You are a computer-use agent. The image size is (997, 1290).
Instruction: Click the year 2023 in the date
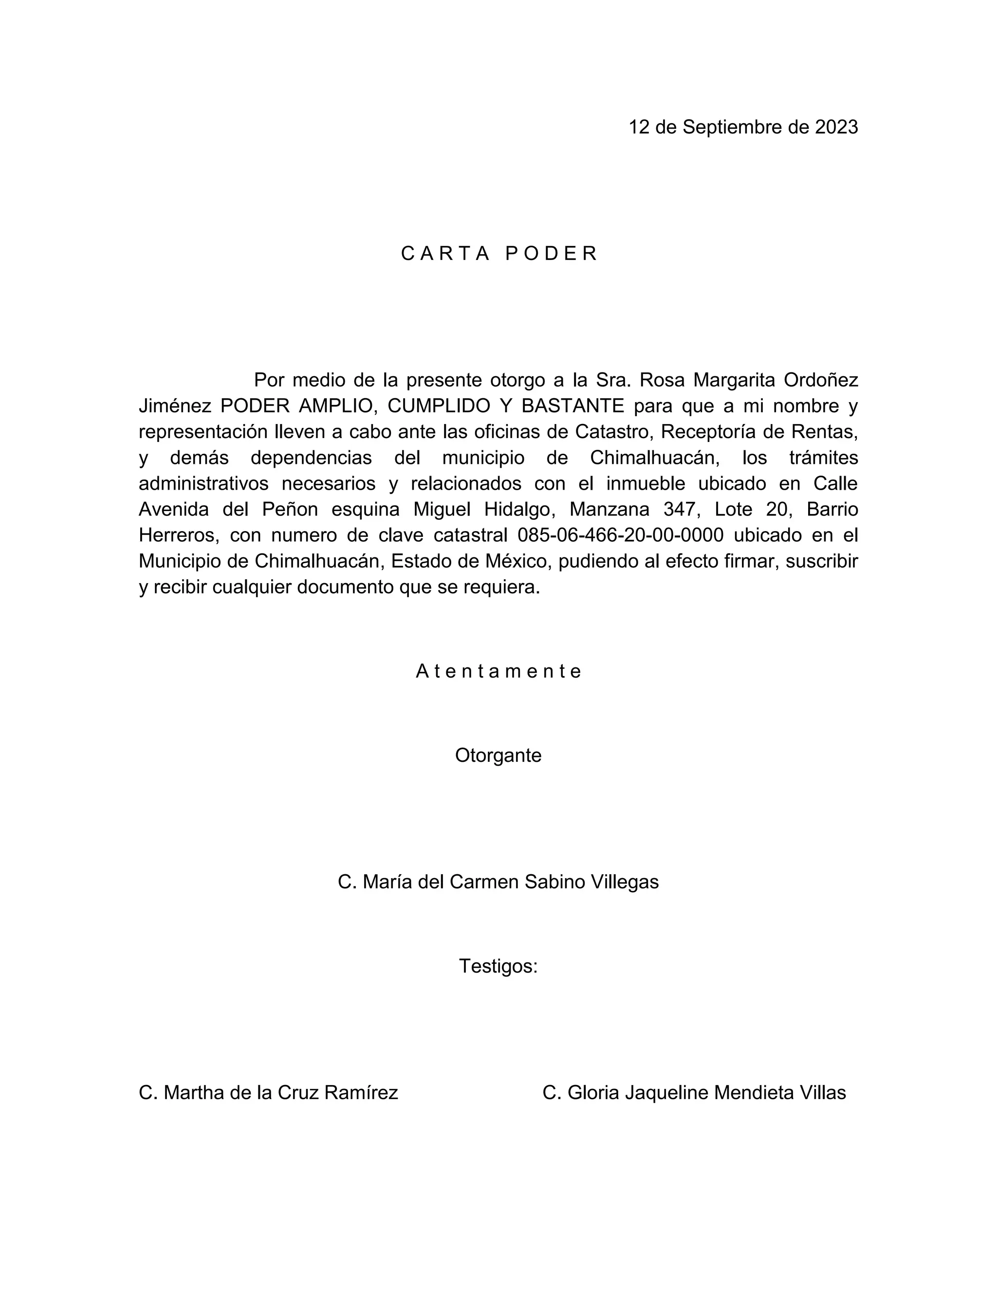coord(836,127)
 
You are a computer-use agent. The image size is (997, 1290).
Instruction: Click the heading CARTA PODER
coord(499,254)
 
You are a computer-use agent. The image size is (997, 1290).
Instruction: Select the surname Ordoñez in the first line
coord(820,380)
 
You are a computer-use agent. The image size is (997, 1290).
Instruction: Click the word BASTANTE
coord(573,406)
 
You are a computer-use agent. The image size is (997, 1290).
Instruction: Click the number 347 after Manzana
coord(681,509)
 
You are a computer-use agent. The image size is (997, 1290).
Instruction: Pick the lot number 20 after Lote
coord(780,509)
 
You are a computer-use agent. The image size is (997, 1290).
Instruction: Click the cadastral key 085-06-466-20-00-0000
coord(620,535)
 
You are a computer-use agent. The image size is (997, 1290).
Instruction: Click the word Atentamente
coord(499,672)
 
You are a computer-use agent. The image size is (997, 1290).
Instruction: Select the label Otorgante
coord(498,756)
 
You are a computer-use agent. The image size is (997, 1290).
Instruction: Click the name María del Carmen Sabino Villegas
coord(498,882)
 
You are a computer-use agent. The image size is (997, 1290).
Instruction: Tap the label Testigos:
coord(498,966)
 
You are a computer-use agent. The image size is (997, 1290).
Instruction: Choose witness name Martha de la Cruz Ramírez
coord(269,1093)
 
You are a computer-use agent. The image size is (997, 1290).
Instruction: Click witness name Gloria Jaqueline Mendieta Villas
coord(694,1093)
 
